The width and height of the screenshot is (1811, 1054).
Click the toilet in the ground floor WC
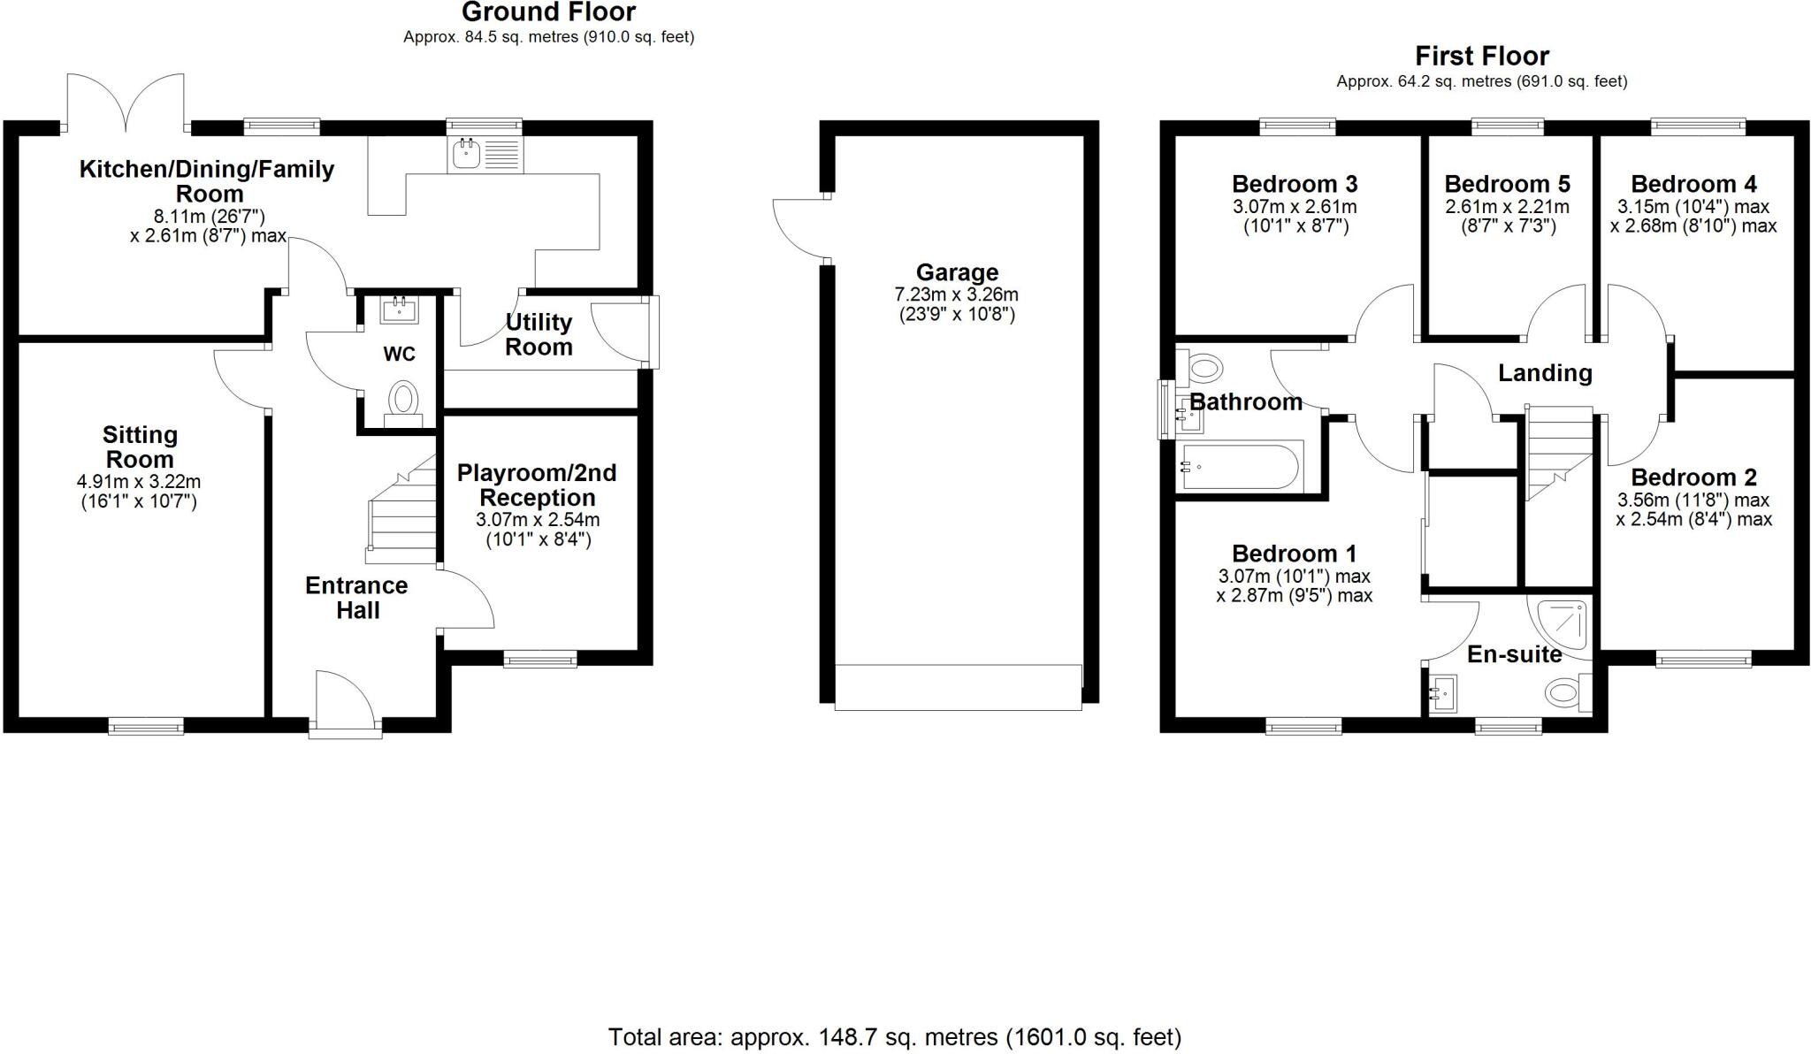coord(403,399)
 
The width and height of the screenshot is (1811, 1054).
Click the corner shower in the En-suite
coord(1560,622)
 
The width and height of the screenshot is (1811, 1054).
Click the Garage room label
coord(957,272)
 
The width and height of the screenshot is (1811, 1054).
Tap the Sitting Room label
coord(140,447)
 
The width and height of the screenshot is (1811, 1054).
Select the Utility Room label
coord(539,334)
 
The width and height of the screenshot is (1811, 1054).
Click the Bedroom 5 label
coord(1507,184)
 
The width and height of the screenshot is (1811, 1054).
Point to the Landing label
coord(1545,373)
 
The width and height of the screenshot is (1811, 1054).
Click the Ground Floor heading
coord(548,12)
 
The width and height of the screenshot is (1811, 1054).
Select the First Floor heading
coord(1482,57)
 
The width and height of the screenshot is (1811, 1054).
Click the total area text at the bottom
coord(894,1036)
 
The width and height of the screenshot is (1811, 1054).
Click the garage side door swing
coord(799,228)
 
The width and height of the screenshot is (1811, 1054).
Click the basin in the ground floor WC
coord(399,310)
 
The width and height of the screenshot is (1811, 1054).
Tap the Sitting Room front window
coord(147,727)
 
